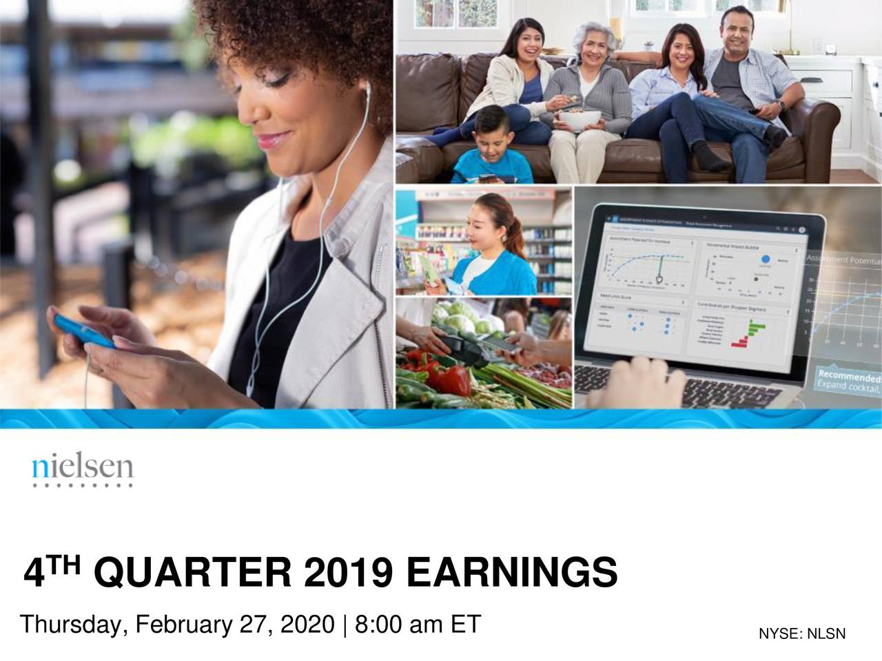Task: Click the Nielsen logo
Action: click(82, 470)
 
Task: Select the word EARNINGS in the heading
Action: click(511, 573)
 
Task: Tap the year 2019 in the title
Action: click(349, 573)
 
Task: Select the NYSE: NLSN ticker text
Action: click(801, 634)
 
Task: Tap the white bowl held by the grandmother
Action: click(578, 120)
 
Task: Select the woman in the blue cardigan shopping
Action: click(493, 248)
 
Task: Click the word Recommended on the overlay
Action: click(848, 377)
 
